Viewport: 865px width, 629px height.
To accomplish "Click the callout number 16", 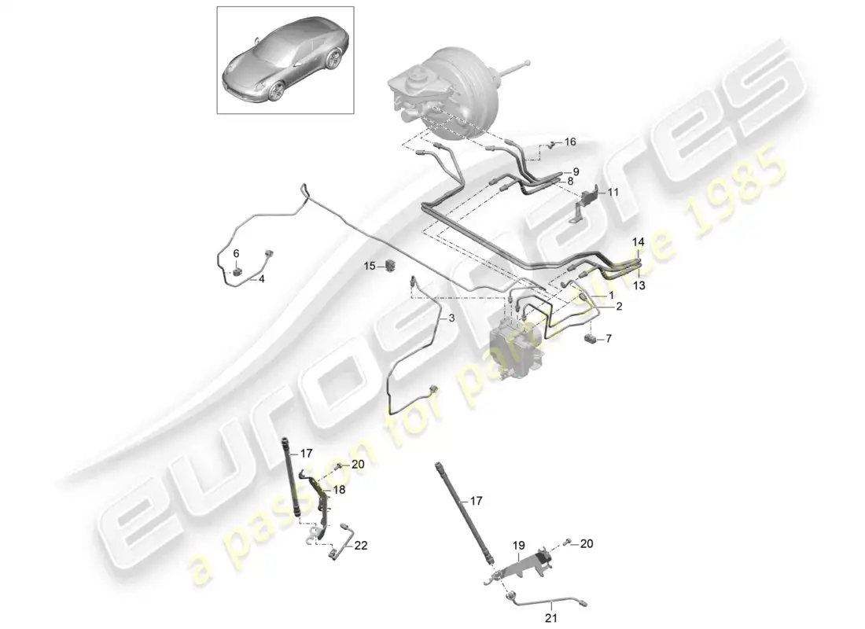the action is click(x=570, y=142).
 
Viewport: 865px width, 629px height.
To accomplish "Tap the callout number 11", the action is click(x=613, y=192).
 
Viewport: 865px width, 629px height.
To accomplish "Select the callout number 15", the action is click(x=369, y=266).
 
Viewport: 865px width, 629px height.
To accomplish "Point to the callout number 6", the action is click(x=236, y=253).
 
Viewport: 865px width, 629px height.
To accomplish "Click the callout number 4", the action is click(x=262, y=279).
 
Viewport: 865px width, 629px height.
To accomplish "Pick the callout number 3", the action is click(x=451, y=318).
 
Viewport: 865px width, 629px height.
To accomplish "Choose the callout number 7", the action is click(x=609, y=338).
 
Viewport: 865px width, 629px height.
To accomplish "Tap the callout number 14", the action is click(x=639, y=242).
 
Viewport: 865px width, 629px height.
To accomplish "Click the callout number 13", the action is click(x=639, y=285).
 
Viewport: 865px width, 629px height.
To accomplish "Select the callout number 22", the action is click(x=361, y=545).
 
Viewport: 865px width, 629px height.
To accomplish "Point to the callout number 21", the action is click(x=552, y=619).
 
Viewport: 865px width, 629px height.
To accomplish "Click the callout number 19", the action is click(x=518, y=546).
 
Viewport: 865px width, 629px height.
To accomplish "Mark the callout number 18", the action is click(x=339, y=489).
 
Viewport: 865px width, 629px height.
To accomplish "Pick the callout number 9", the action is click(x=576, y=171).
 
